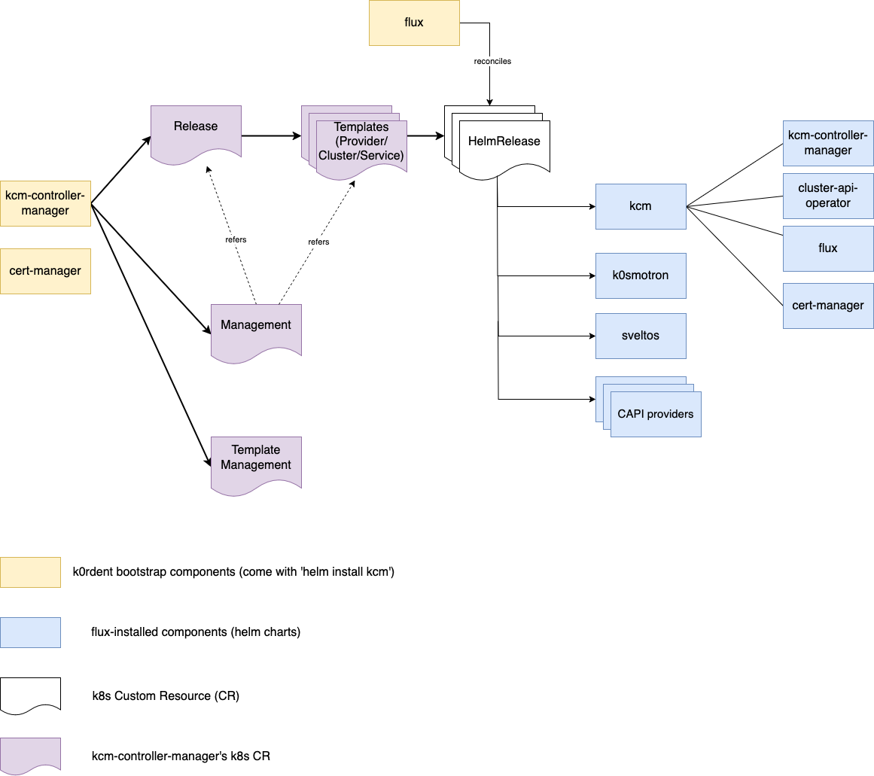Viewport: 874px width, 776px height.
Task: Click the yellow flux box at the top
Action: tap(414, 23)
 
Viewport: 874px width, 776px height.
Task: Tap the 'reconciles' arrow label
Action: tap(492, 61)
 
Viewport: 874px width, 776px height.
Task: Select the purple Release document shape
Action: tap(196, 129)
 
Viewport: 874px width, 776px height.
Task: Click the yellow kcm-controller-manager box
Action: tap(45, 203)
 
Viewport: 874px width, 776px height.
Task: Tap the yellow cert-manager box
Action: tap(45, 271)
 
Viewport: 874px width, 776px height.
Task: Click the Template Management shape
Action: tap(256, 461)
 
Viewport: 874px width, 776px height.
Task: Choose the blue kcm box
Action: tap(641, 206)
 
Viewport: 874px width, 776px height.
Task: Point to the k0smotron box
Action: tap(641, 275)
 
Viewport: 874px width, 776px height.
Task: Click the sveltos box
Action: tap(641, 336)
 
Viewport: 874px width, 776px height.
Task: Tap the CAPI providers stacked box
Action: tap(655, 413)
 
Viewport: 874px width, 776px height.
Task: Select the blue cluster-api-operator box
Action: tap(828, 196)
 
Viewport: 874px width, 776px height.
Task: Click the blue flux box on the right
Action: tap(828, 248)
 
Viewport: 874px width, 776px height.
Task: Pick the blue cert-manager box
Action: tap(828, 306)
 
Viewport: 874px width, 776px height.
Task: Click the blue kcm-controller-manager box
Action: tap(828, 143)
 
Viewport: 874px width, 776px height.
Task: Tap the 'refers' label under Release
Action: tap(236, 239)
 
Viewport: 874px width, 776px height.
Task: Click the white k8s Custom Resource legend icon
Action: tap(30, 694)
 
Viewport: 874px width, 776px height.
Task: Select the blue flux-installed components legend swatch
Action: tap(30, 632)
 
